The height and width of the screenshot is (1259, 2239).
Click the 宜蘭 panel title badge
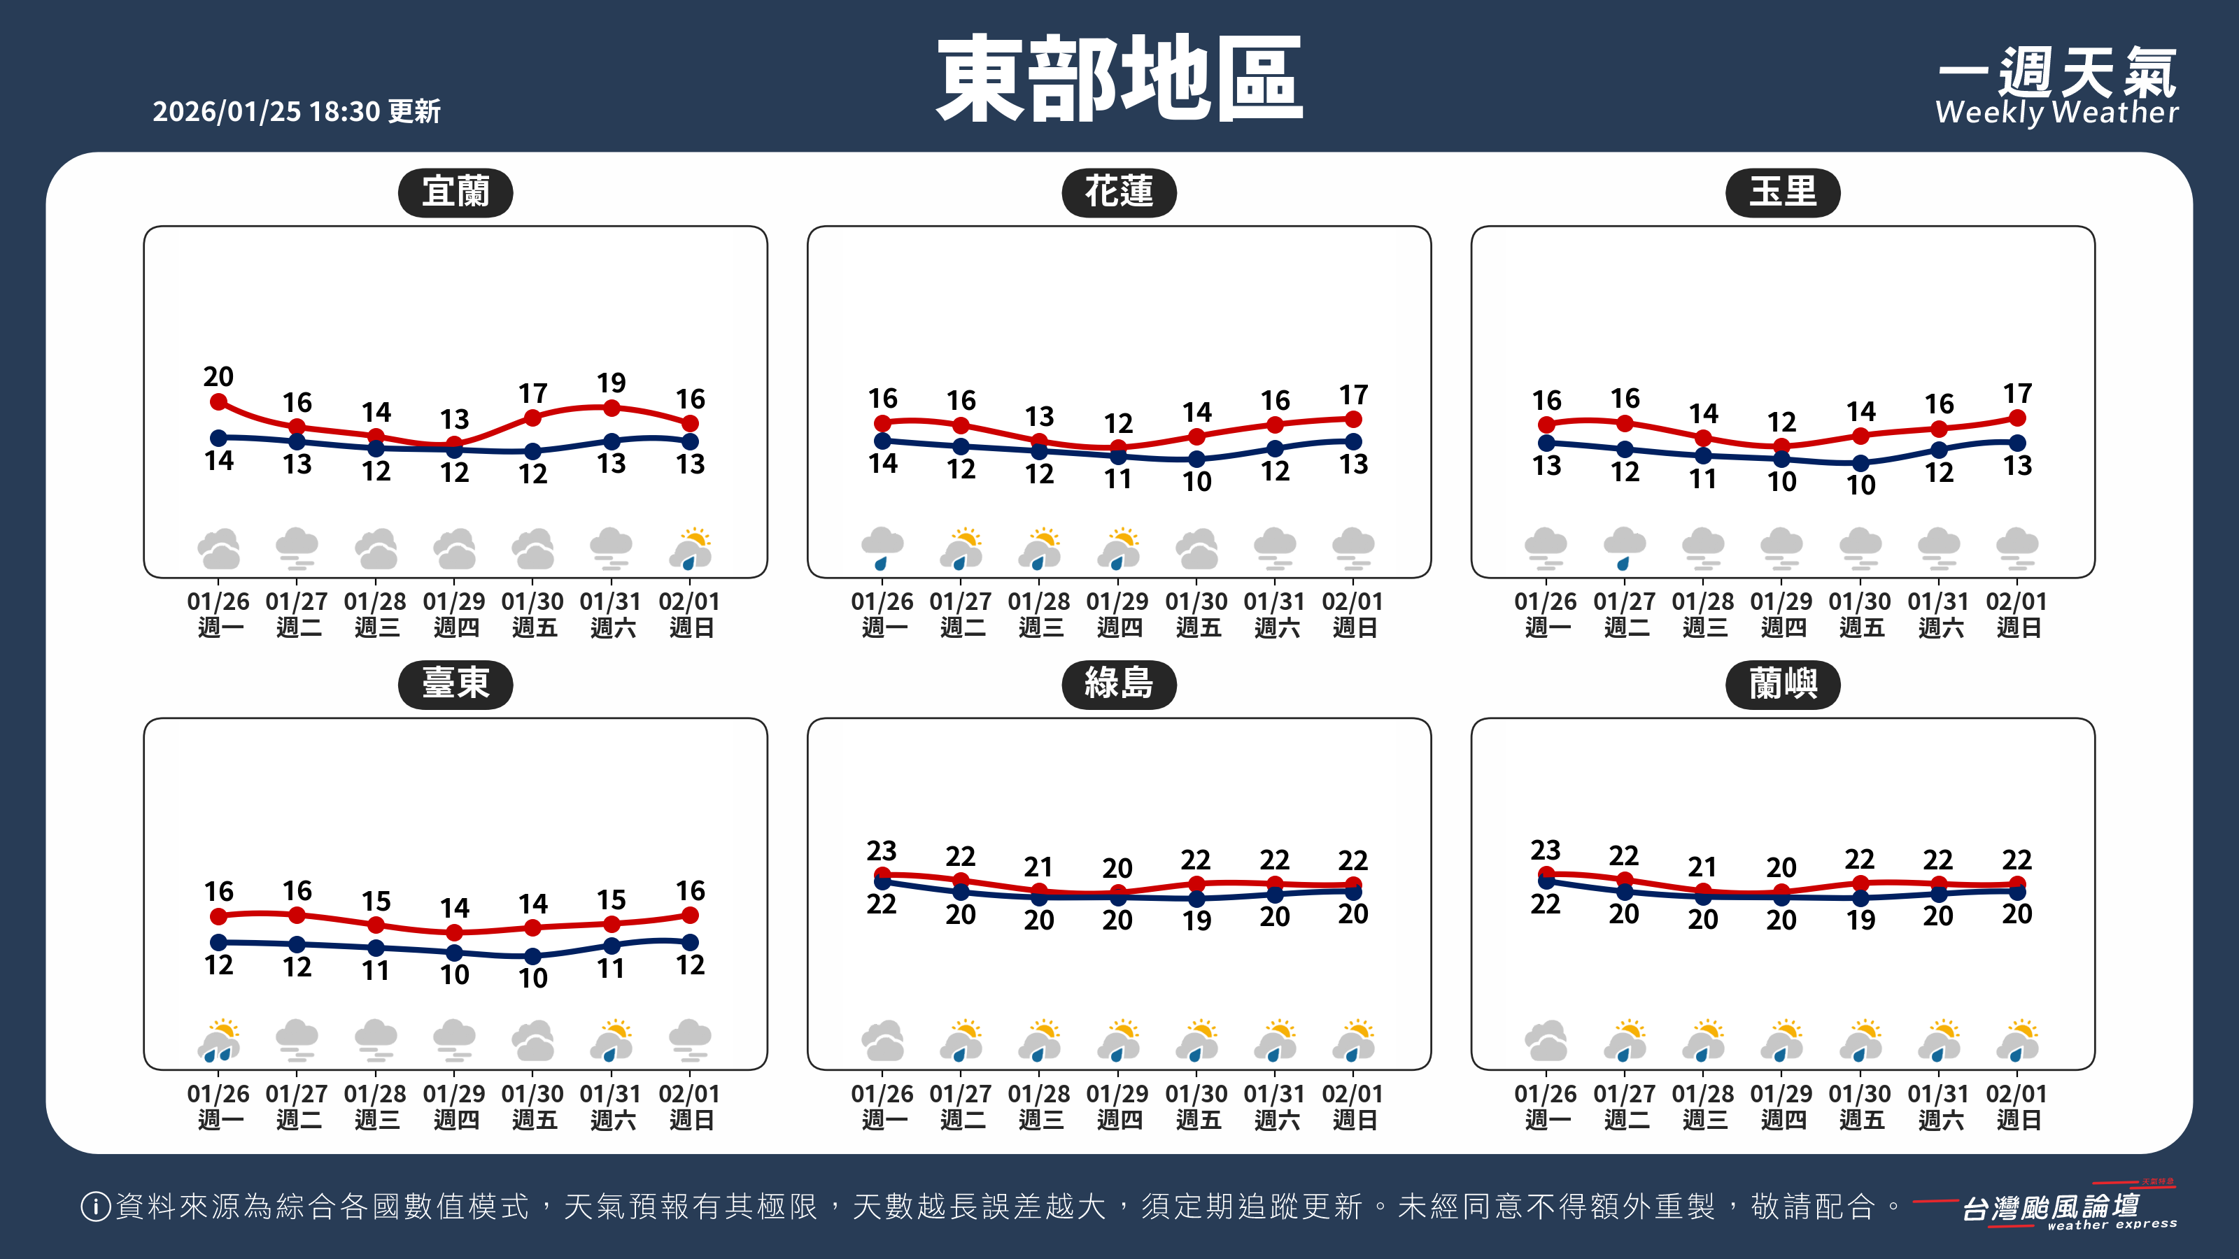pyautogui.click(x=455, y=192)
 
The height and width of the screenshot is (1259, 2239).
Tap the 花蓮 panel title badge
pyautogui.click(x=1119, y=192)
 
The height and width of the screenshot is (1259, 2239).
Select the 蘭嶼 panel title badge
pyautogui.click(x=1783, y=685)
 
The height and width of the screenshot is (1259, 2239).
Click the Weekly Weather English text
pyautogui.click(x=2056, y=113)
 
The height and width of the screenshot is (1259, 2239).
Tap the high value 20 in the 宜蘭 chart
pyautogui.click(x=218, y=376)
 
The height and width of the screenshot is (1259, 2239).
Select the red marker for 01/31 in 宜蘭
pyautogui.click(x=612, y=408)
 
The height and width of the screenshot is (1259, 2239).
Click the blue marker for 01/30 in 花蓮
pyautogui.click(x=1197, y=459)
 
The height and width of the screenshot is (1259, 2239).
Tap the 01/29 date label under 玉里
pyautogui.click(x=1781, y=602)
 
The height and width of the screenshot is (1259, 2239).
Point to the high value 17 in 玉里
pyautogui.click(x=2017, y=394)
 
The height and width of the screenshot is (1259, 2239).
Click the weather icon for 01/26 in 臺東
pyautogui.click(x=219, y=1041)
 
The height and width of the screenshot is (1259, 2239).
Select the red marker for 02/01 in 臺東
pyautogui.click(x=690, y=915)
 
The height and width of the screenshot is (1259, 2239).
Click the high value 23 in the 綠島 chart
pyautogui.click(x=882, y=850)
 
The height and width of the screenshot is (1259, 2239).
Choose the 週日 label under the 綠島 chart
pyautogui.click(x=1354, y=1120)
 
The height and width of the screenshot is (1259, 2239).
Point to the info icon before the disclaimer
pyautogui.click(x=94, y=1206)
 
